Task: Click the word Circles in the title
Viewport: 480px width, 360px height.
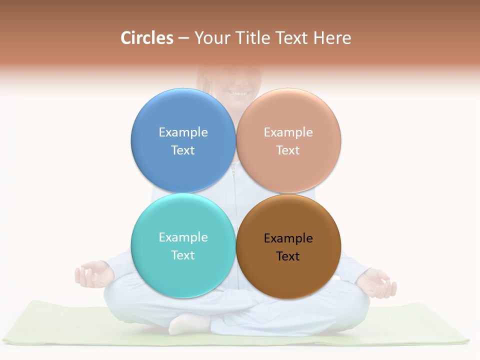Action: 146,38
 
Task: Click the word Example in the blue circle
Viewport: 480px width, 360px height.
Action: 183,132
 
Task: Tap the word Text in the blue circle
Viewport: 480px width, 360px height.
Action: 183,150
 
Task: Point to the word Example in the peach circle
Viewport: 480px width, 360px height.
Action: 288,132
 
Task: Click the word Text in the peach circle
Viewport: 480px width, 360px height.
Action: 288,150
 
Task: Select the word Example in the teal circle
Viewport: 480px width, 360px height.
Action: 183,237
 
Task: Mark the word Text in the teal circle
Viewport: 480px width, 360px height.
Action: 183,255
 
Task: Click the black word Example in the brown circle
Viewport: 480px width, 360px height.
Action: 288,238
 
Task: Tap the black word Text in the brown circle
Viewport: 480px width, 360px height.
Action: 288,256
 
